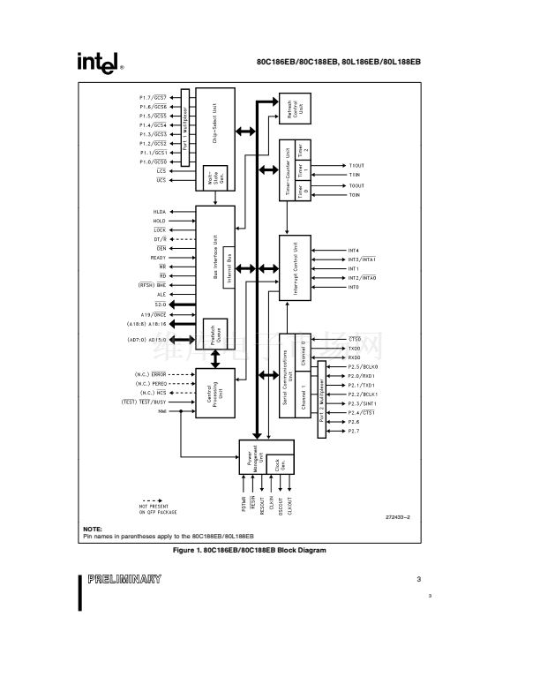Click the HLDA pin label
pos(159,212)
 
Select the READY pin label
pos(158,257)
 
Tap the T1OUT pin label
pos(356,166)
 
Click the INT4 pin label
pos(353,250)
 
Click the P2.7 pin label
pos(353,431)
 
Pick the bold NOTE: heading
pos(93,529)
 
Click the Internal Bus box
pos(227,262)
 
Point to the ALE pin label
pos(161,294)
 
